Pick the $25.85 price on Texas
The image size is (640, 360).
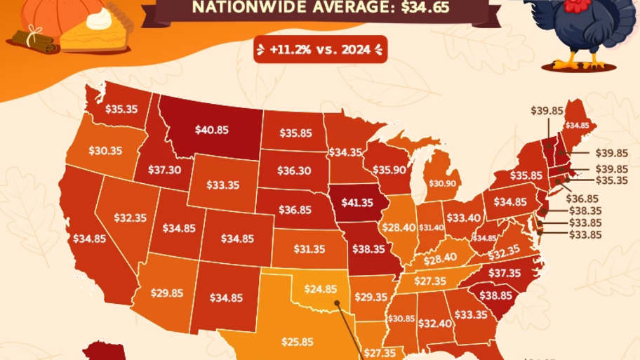click(x=298, y=342)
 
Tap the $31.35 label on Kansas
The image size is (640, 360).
click(x=308, y=248)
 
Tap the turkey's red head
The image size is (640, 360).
click(x=575, y=7)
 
